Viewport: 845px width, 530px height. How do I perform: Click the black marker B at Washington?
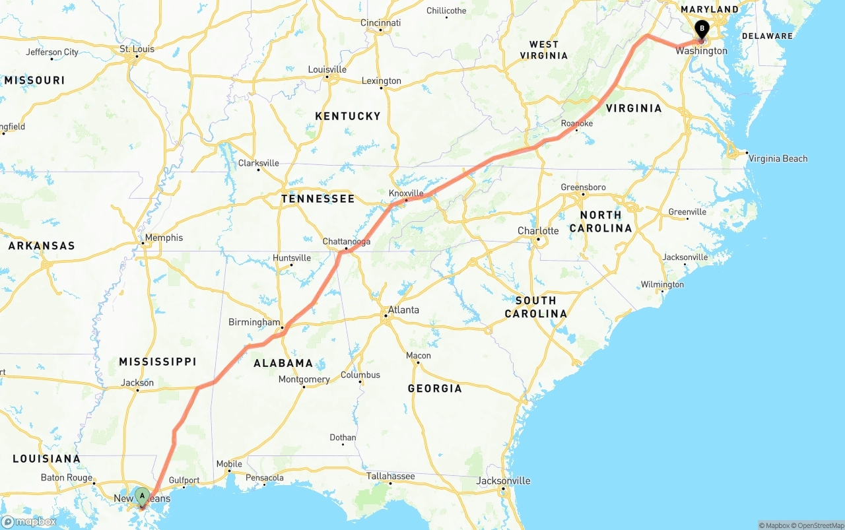click(x=701, y=29)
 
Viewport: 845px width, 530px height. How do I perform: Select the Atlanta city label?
click(x=403, y=310)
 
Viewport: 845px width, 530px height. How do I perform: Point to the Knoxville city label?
click(x=406, y=193)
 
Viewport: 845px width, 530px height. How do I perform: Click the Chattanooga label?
click(x=346, y=242)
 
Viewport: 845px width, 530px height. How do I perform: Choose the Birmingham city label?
click(x=254, y=322)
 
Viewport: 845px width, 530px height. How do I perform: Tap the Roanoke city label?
click(x=576, y=123)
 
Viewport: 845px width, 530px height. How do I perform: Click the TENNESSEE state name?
click(x=318, y=199)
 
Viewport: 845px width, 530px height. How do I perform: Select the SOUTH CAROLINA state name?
click(x=535, y=307)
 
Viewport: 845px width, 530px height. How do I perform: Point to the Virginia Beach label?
click(x=778, y=158)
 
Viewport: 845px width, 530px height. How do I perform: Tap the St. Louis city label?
click(x=137, y=49)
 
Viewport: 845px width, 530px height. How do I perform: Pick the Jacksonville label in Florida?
click(x=503, y=480)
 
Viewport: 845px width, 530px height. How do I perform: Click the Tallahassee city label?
click(x=391, y=476)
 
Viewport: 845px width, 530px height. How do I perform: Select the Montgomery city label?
click(x=304, y=380)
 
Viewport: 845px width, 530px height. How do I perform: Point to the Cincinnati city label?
click(x=380, y=22)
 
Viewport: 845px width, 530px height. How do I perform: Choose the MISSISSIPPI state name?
click(x=158, y=362)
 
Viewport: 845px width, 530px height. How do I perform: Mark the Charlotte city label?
click(x=538, y=231)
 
